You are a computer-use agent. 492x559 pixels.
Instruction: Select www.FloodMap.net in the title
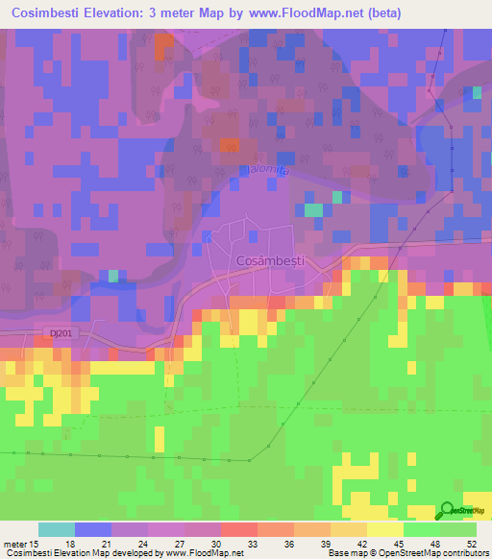pos(314,13)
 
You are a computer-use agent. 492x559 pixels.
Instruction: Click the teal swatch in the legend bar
pos(57,529)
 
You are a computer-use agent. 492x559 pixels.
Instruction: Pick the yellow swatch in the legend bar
pos(384,529)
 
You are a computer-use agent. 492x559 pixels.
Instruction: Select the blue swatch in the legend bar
pos(93,529)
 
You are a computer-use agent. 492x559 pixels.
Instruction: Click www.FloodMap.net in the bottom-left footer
pos(205,552)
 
